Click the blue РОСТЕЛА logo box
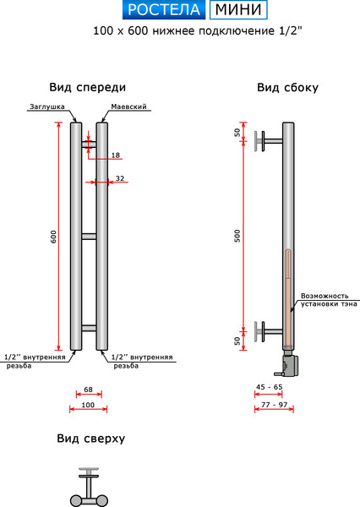164,11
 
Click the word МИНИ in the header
238,11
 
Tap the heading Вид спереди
89,87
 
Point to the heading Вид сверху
91,439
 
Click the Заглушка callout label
45,107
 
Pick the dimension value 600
53,237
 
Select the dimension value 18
116,155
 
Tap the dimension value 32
120,178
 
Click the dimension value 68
89,390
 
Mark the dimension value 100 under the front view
89,406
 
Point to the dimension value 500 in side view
237,237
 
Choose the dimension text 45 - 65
270,386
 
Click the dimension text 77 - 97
270,406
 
